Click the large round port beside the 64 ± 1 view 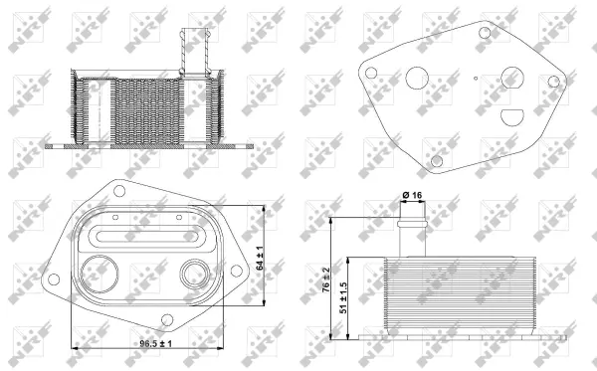pyautogui.click(x=99, y=272)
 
